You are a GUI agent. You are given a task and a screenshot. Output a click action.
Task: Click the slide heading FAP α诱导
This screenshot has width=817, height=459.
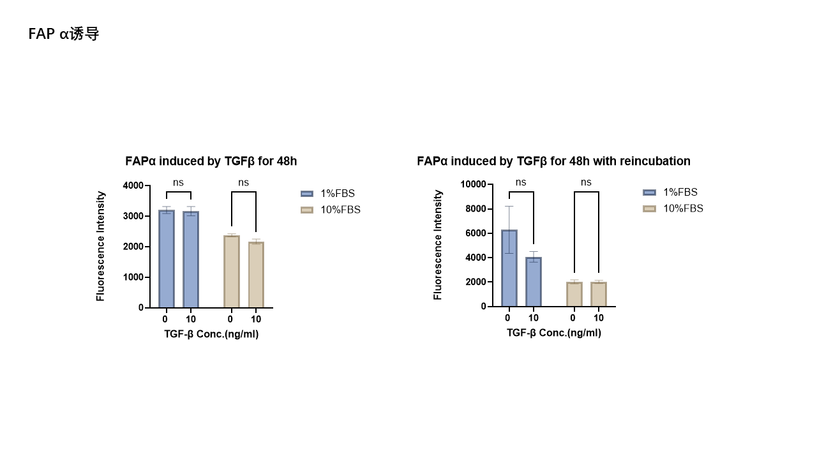[64, 34]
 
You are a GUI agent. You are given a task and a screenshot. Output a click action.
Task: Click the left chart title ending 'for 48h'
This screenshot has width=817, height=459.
[211, 161]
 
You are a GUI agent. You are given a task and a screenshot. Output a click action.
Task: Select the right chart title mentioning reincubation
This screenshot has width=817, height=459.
[553, 161]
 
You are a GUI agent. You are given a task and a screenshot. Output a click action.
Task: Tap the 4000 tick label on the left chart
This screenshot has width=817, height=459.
[133, 186]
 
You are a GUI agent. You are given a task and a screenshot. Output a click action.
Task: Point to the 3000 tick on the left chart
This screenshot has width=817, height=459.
[133, 216]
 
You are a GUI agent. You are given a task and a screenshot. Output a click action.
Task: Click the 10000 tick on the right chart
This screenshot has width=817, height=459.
[473, 184]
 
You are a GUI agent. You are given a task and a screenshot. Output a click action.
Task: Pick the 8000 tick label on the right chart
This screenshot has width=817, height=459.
[476, 209]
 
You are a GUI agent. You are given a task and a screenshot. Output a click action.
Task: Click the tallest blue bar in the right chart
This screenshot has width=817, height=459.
[509, 268]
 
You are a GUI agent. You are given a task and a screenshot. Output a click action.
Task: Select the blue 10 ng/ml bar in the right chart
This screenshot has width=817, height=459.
[534, 282]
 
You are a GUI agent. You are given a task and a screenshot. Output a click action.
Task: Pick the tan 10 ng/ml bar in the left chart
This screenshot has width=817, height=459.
[256, 275]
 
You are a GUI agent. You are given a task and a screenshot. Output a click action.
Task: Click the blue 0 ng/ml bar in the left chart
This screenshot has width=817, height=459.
[166, 259]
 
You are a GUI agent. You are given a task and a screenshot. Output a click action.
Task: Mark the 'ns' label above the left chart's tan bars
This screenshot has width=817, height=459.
[243, 183]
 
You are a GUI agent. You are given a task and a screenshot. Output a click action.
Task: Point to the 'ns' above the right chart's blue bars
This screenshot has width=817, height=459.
[521, 182]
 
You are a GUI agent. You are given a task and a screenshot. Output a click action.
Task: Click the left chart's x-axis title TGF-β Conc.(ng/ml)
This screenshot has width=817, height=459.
[211, 334]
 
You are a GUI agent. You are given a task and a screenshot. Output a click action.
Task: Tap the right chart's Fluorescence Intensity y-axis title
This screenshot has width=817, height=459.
[438, 245]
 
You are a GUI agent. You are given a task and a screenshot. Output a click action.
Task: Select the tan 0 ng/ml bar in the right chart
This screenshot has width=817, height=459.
[574, 294]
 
